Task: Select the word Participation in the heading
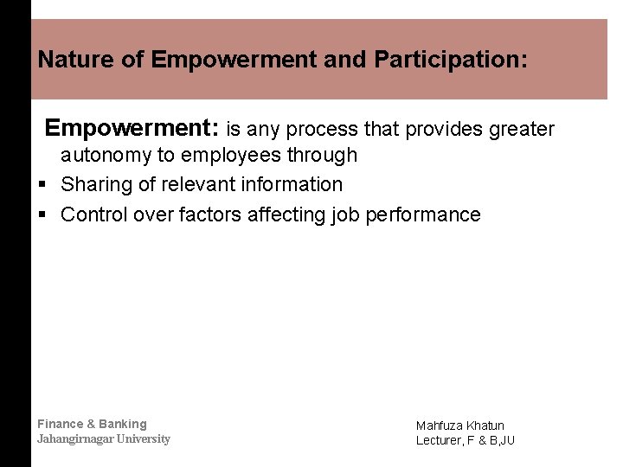(x=449, y=60)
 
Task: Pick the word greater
(x=522, y=130)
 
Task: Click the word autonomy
(x=104, y=156)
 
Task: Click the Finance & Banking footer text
(x=92, y=424)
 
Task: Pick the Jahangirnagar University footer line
(x=104, y=439)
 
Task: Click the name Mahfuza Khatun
(x=459, y=425)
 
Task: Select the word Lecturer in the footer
(x=440, y=440)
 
